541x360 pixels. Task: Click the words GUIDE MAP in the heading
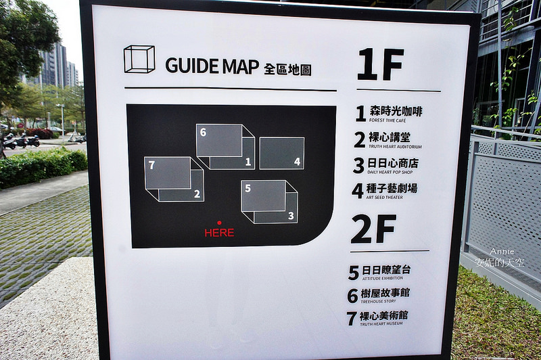pyautogui.click(x=212, y=66)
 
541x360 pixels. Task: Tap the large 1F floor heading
pyautogui.click(x=381, y=64)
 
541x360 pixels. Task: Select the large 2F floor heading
pyautogui.click(x=374, y=229)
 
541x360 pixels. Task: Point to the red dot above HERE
pyautogui.click(x=219, y=223)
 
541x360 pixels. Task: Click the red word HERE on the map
pyautogui.click(x=219, y=233)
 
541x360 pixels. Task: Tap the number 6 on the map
pyautogui.click(x=203, y=132)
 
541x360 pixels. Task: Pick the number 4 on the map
pyautogui.click(x=297, y=162)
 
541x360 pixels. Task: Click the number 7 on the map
pyautogui.click(x=151, y=165)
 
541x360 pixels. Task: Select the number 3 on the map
pyautogui.click(x=291, y=216)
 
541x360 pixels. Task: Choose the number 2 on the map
pyautogui.click(x=197, y=194)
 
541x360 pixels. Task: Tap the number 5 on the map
pyautogui.click(x=248, y=188)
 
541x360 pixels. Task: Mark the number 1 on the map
pyautogui.click(x=248, y=162)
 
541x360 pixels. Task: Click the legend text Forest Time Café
pyautogui.click(x=387, y=120)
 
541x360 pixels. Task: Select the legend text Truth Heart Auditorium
pyautogui.click(x=395, y=147)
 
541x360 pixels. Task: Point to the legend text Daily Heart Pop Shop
pyautogui.click(x=390, y=172)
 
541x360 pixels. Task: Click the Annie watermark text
pyautogui.click(x=502, y=252)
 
